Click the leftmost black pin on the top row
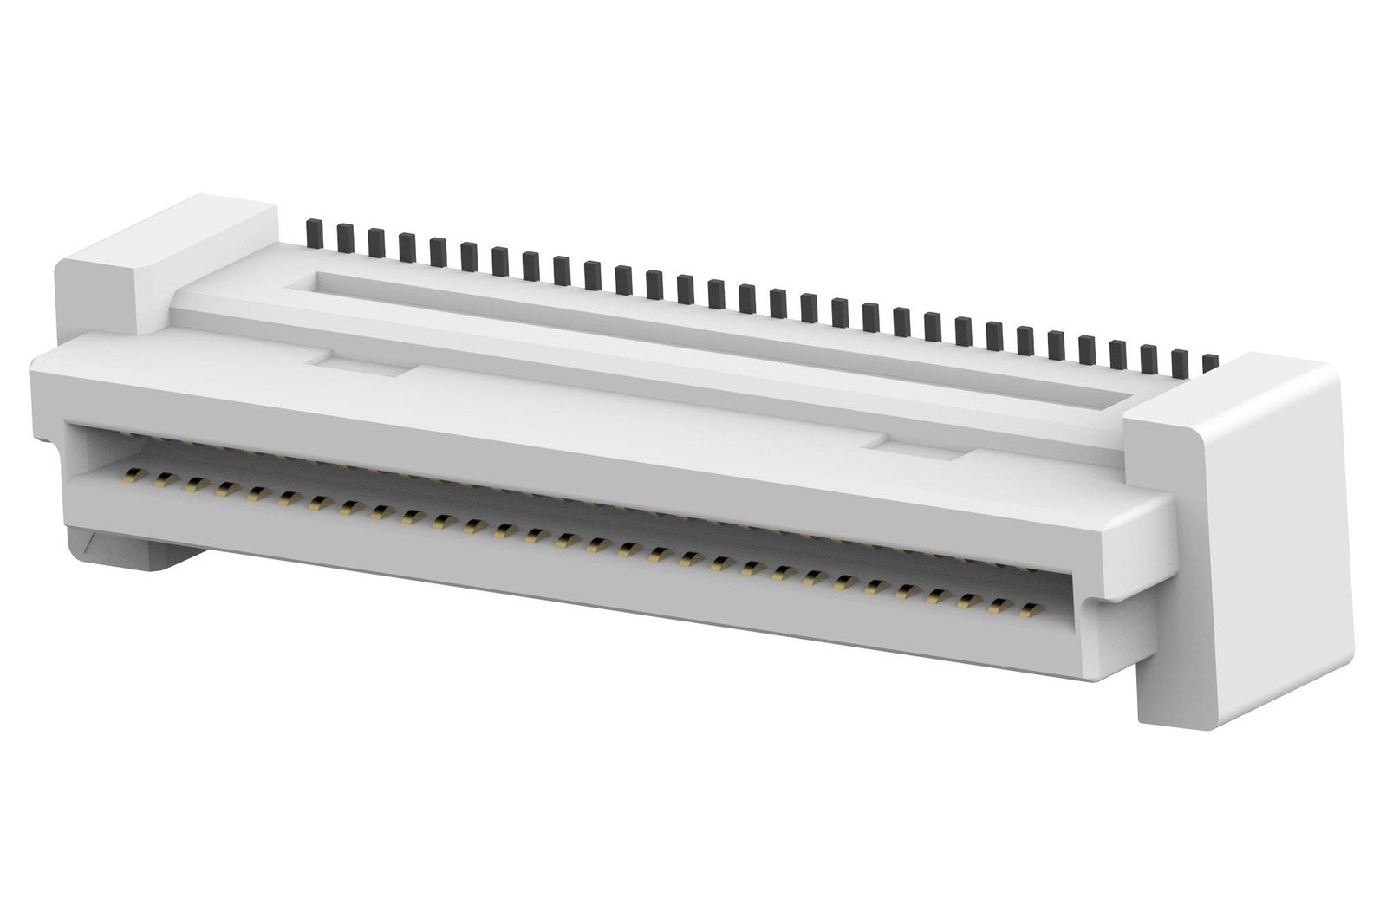point(315,231)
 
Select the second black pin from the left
point(345,236)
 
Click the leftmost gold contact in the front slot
point(133,476)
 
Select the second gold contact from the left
point(162,480)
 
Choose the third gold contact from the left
point(193,485)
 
